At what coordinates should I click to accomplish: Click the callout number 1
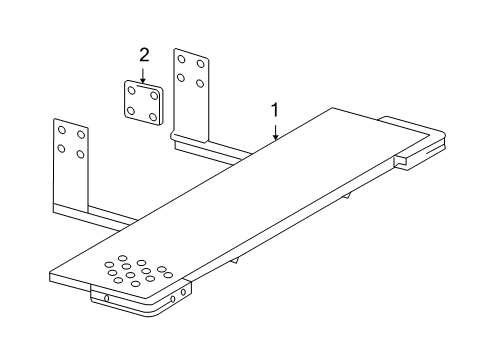[275, 110]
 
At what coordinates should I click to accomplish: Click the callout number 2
[144, 56]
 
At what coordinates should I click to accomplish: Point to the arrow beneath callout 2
[144, 72]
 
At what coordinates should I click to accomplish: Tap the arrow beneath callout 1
[275, 130]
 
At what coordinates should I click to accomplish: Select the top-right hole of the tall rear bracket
[200, 63]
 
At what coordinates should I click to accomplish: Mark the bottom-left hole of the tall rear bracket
[182, 76]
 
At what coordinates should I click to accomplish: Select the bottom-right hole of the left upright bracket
[80, 154]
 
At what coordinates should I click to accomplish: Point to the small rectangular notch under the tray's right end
[402, 159]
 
